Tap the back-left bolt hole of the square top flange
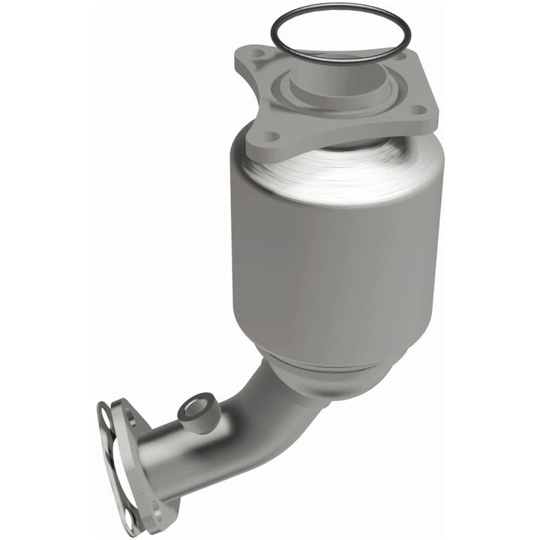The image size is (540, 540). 258,55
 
